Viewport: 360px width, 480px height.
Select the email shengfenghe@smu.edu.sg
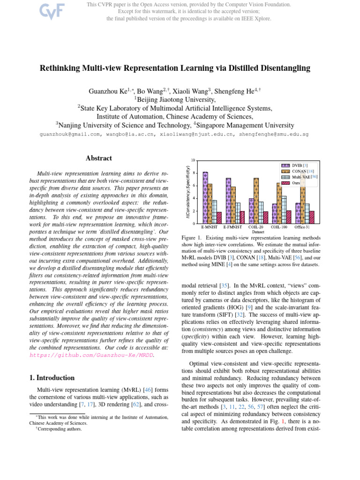coord(273,134)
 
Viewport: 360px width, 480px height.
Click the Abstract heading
coord(99,158)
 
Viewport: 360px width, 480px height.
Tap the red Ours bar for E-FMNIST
coord(242,217)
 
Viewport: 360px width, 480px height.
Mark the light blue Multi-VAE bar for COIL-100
coord(284,210)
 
